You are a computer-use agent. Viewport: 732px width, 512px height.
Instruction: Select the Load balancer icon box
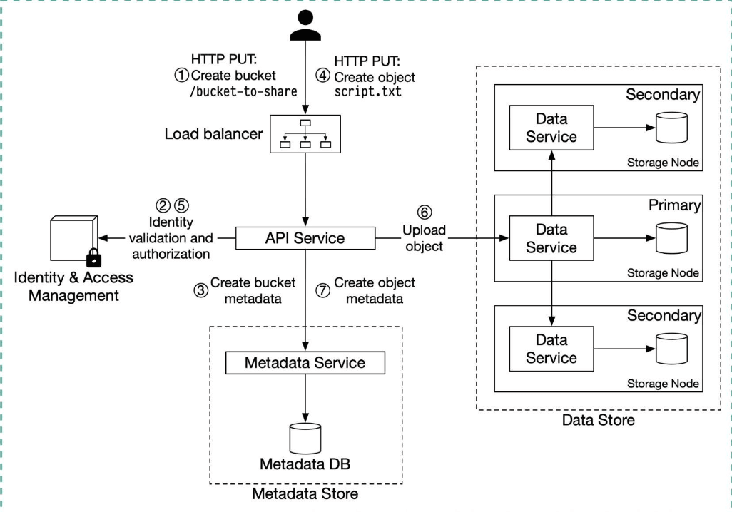tap(306, 133)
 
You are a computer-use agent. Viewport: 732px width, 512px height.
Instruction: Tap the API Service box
tap(305, 238)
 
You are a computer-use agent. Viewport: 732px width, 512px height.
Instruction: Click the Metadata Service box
tap(305, 362)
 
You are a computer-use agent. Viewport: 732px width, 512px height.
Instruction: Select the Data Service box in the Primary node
tap(551, 239)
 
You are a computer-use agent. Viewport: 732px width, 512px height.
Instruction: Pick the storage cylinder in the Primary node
tap(671, 237)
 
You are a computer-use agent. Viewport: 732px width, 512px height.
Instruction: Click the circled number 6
tap(424, 212)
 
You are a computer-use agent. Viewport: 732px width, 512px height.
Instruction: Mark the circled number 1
tap(182, 73)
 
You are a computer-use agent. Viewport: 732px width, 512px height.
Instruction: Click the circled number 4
tap(325, 73)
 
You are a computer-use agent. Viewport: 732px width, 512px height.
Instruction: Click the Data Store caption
tap(598, 420)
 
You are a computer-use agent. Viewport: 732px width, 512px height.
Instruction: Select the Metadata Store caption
tap(305, 493)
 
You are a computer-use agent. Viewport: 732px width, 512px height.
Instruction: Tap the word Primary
tap(673, 205)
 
